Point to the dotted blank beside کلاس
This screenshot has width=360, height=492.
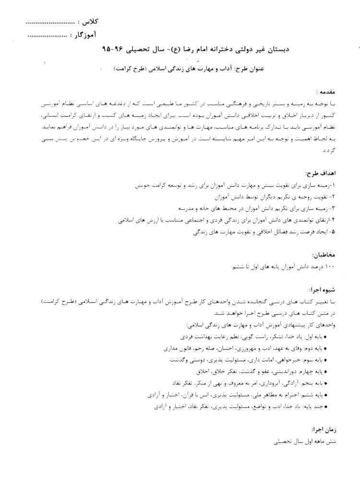(50, 23)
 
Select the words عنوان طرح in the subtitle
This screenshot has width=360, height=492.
(250, 69)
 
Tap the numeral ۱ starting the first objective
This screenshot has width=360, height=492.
(335, 185)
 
